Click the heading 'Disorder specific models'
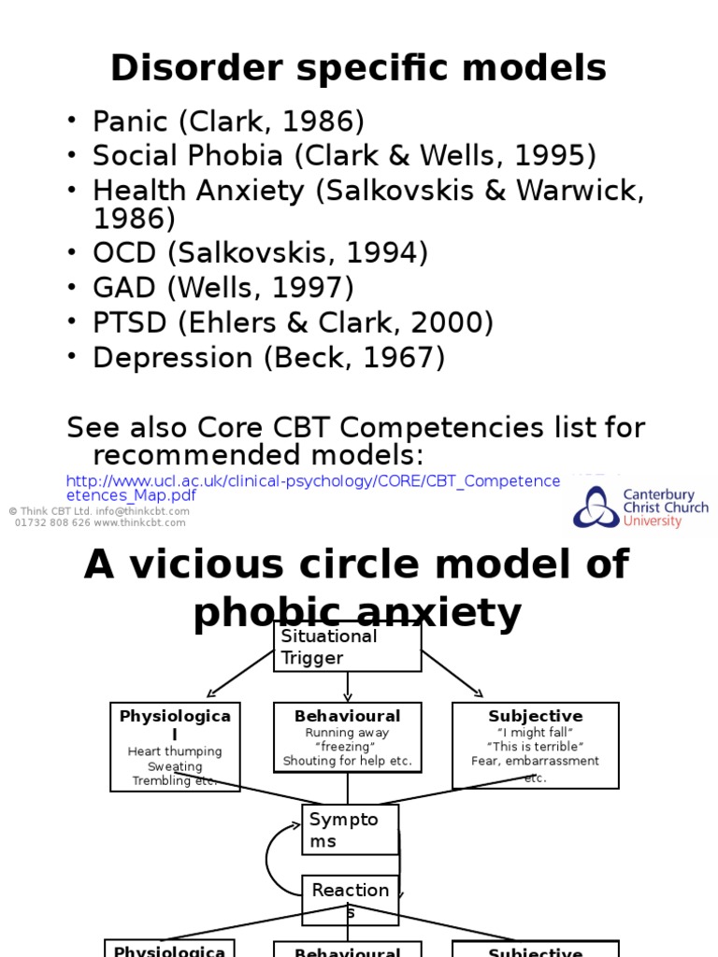click(358, 68)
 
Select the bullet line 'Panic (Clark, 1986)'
click(228, 121)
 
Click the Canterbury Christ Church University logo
click(640, 507)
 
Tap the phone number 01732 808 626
click(51, 522)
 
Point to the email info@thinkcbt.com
click(143, 511)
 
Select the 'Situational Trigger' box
click(347, 647)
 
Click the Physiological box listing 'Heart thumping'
click(175, 747)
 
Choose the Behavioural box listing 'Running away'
click(347, 738)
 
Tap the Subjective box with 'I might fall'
click(535, 745)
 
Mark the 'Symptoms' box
click(350, 830)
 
